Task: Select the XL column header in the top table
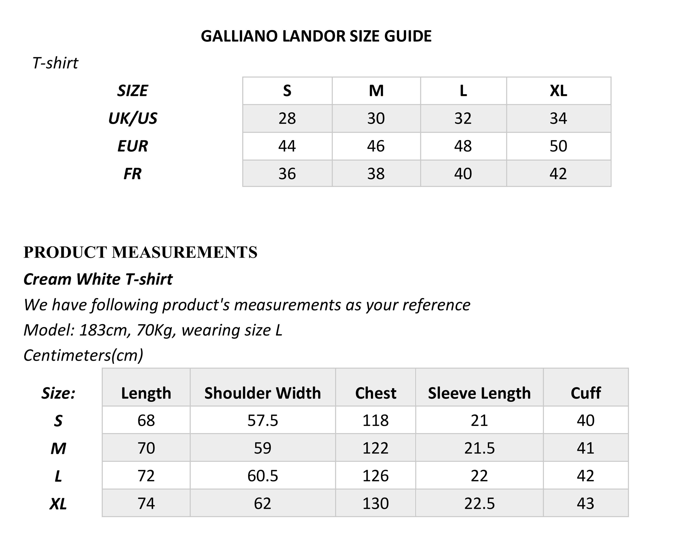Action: (x=558, y=91)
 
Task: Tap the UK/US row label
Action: (x=133, y=118)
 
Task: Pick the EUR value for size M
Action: (x=376, y=146)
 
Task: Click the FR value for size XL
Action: (x=558, y=174)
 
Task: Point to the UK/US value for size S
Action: (x=287, y=118)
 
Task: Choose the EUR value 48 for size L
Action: (x=463, y=146)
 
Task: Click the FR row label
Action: (x=133, y=174)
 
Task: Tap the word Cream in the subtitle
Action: (x=47, y=279)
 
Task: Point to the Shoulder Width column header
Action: (x=262, y=393)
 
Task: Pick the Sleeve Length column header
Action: (x=479, y=393)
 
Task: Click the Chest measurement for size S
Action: (x=376, y=420)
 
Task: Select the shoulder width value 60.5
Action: (x=262, y=476)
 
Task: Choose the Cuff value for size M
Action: (x=585, y=448)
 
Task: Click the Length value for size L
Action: (x=146, y=476)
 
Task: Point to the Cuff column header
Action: (x=585, y=393)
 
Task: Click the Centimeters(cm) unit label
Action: (x=83, y=355)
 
